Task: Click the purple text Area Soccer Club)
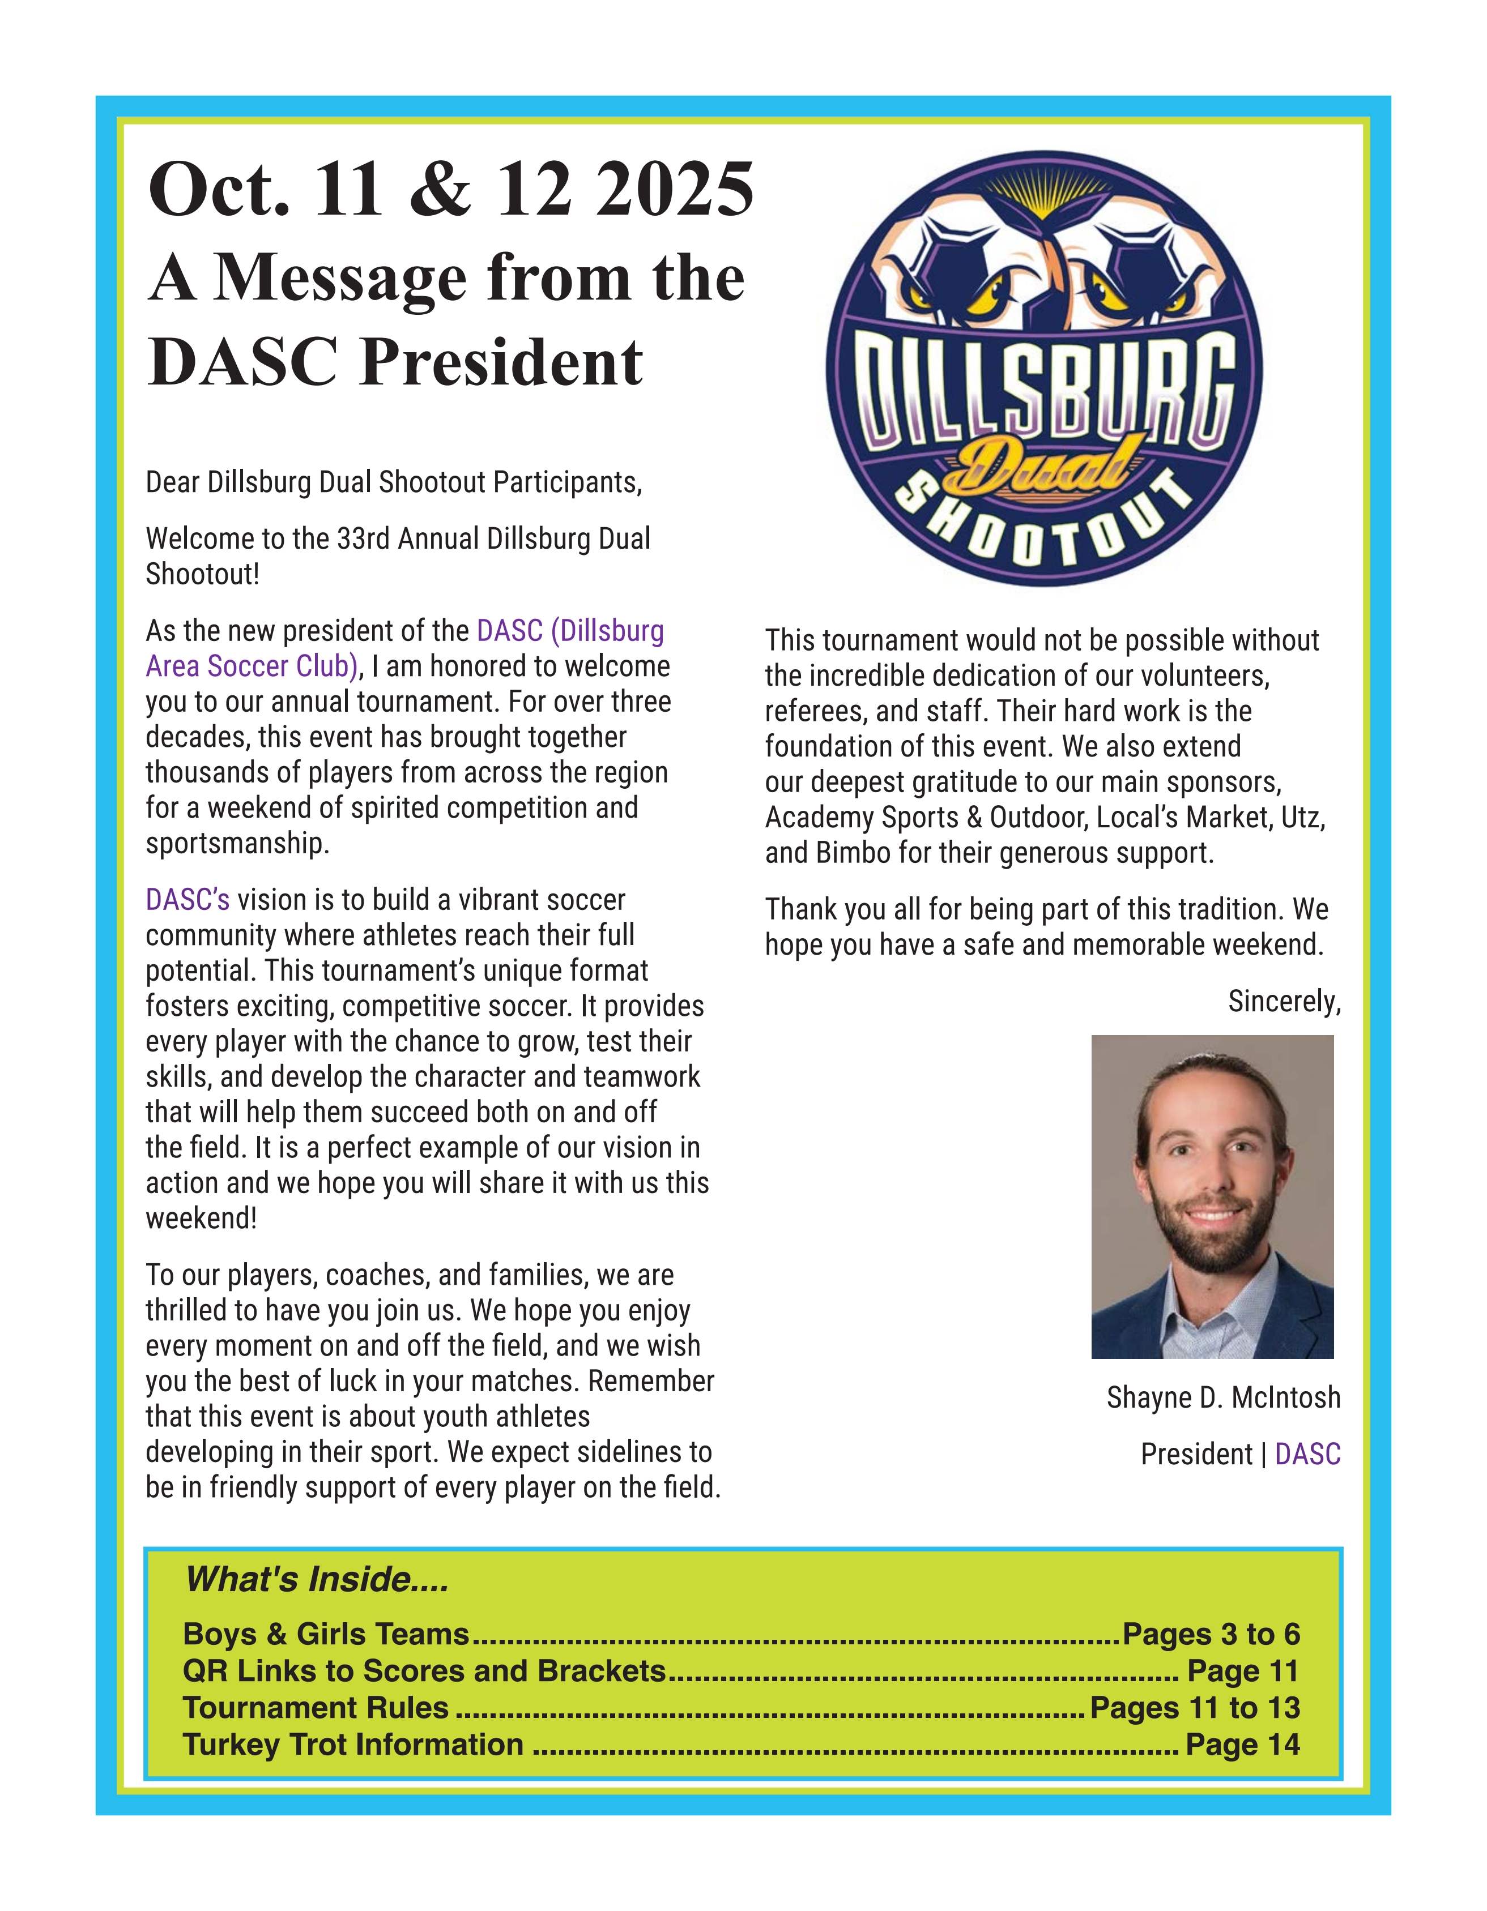pyautogui.click(x=251, y=667)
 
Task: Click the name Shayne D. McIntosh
pyautogui.click(x=1222, y=1397)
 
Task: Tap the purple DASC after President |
pyautogui.click(x=1307, y=1454)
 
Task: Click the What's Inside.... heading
pyautogui.click(x=317, y=1580)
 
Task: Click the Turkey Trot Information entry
pyautogui.click(x=353, y=1744)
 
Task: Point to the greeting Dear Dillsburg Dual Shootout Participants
pyautogui.click(x=394, y=482)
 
